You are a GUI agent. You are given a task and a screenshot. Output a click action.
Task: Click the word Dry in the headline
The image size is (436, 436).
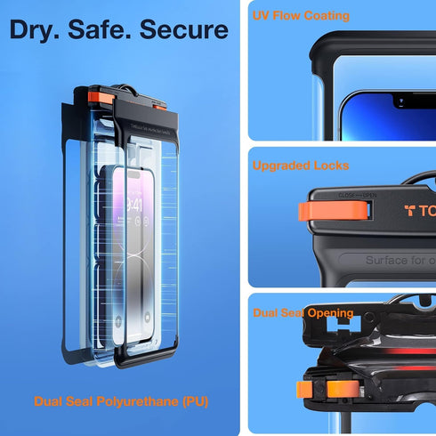coord(35,29)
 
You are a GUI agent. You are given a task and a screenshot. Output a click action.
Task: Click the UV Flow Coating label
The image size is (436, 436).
coord(301,16)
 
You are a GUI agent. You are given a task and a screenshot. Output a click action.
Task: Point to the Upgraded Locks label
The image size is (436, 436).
coord(301,166)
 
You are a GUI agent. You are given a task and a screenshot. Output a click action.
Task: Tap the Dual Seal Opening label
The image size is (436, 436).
coord(303,312)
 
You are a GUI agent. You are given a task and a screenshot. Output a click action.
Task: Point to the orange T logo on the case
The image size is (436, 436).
coord(411,211)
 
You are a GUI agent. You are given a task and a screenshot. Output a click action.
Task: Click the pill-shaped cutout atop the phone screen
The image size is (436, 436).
coord(134,174)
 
